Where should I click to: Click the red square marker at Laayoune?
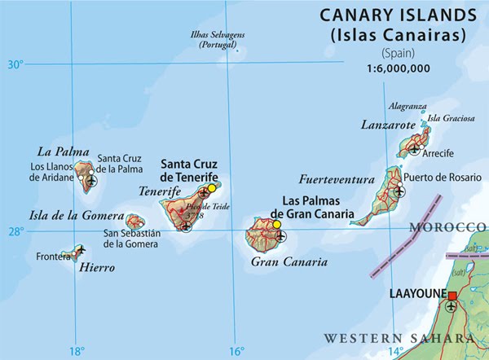click(x=453, y=294)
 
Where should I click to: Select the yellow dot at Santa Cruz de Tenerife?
click(x=212, y=188)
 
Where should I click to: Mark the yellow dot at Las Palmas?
click(x=277, y=225)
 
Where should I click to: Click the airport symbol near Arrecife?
click(x=416, y=150)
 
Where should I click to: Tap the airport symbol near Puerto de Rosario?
click(x=399, y=192)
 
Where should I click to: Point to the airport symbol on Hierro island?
click(x=80, y=249)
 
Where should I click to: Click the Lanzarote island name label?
click(x=388, y=125)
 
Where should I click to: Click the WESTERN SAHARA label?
click(x=399, y=337)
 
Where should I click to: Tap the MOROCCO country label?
click(x=448, y=226)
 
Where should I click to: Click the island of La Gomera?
click(x=135, y=221)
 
